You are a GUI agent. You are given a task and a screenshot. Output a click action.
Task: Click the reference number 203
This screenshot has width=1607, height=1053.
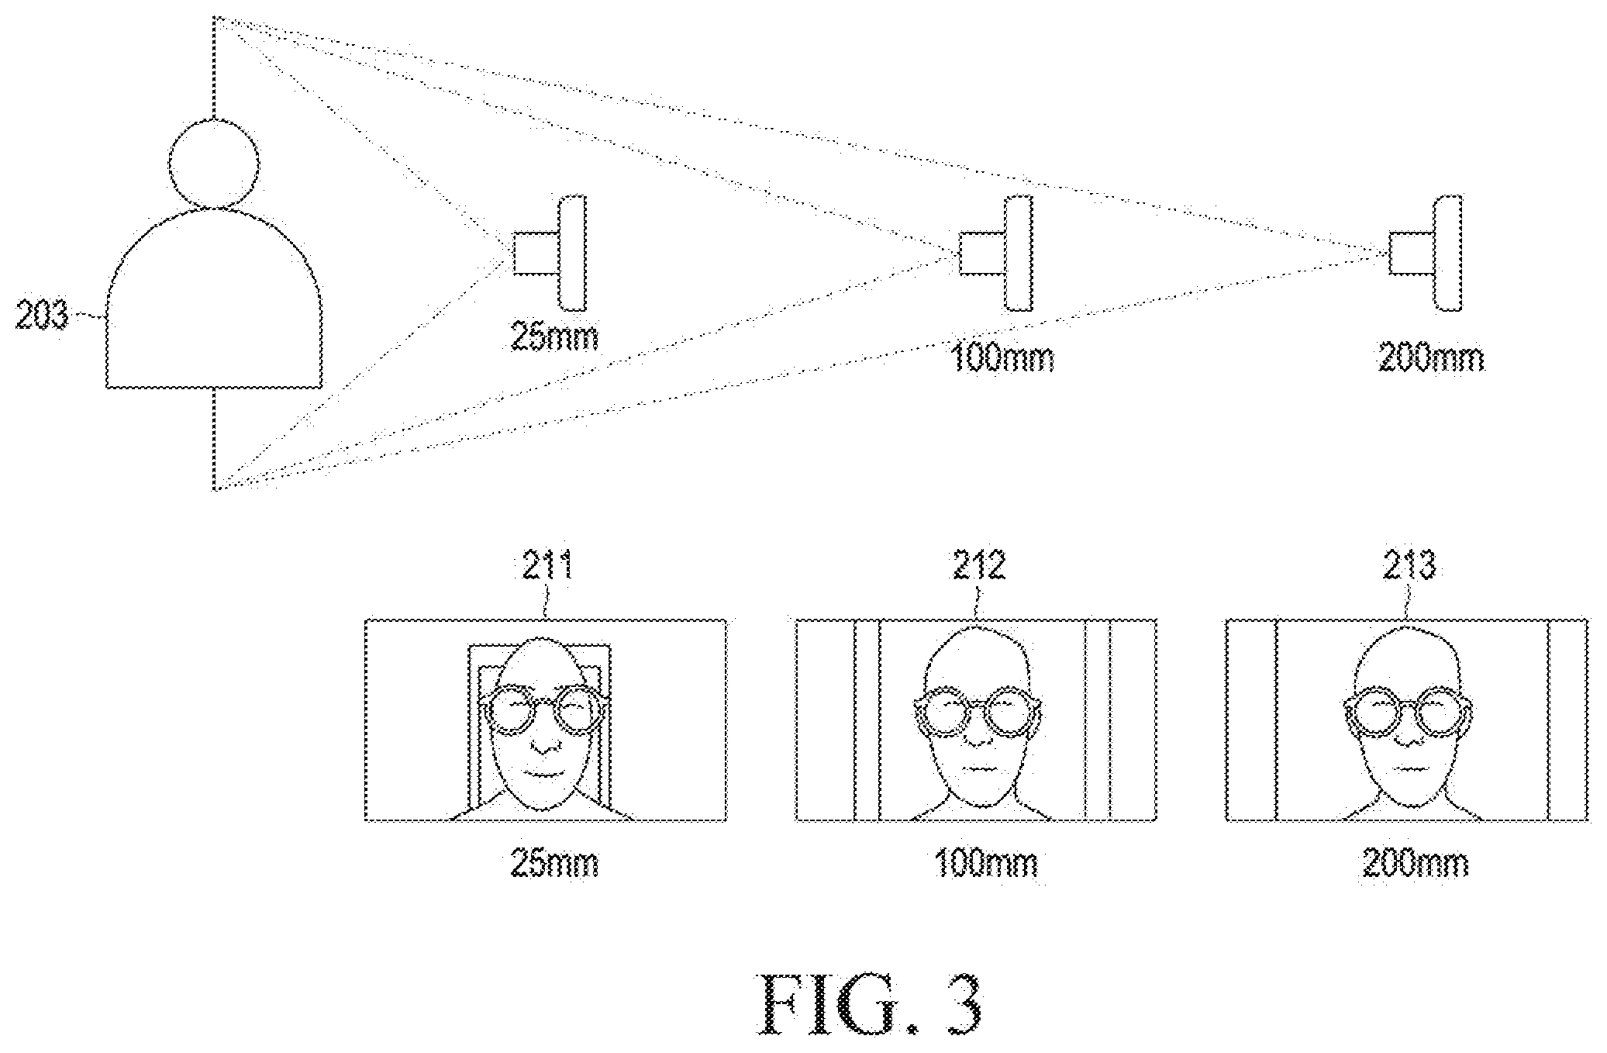[43, 316]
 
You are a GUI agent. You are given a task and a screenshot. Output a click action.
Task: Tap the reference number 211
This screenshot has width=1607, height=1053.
[547, 566]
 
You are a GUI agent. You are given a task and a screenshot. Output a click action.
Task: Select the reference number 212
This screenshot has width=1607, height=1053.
[979, 566]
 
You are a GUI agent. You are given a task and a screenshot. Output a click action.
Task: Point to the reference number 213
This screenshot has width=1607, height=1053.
[1409, 566]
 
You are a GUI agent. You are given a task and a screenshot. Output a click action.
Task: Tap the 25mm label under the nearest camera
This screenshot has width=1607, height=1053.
[554, 337]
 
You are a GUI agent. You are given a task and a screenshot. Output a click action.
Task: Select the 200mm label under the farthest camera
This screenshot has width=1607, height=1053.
[1431, 358]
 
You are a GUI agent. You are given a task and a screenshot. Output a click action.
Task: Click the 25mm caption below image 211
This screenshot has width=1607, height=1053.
[554, 863]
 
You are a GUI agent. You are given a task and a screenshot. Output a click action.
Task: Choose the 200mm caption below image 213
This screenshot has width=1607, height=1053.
[1415, 863]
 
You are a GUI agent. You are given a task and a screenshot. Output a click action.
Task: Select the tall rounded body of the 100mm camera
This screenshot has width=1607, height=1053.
[1019, 254]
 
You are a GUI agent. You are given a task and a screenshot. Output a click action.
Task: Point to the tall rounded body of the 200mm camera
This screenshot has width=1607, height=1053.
[1448, 254]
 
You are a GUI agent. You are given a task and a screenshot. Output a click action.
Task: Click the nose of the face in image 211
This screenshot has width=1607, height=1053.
[547, 744]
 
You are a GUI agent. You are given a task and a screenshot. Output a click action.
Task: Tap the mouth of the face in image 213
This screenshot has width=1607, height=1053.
[1408, 769]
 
